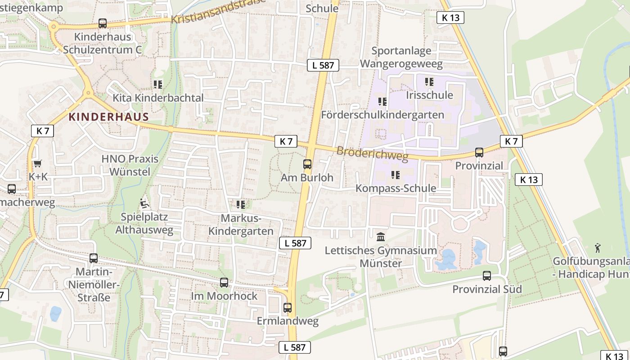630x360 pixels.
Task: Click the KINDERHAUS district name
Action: coord(108,117)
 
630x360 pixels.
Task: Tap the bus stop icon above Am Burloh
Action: coord(307,164)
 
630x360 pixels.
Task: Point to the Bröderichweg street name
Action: coord(372,153)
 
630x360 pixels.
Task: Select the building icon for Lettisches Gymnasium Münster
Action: coord(381,237)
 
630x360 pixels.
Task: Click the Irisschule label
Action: coord(429,95)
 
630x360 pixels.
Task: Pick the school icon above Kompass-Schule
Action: coord(396,175)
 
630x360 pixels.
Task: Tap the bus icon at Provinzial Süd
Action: coord(487,275)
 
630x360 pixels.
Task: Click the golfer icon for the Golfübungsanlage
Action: coord(598,247)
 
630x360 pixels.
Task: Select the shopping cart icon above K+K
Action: coord(37,163)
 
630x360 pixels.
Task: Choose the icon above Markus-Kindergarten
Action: coord(241,205)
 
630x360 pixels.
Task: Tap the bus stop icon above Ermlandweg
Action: coord(288,308)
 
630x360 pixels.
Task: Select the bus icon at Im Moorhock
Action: coord(224,283)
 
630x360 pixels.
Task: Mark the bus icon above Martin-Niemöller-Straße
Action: coord(94,258)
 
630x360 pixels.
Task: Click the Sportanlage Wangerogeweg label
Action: coord(401,57)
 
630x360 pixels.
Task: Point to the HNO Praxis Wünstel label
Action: coord(130,165)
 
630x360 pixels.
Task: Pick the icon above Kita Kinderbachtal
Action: coord(157,84)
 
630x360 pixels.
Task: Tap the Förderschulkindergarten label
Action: coord(382,115)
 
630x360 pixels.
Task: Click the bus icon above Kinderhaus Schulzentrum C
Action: coord(103,23)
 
